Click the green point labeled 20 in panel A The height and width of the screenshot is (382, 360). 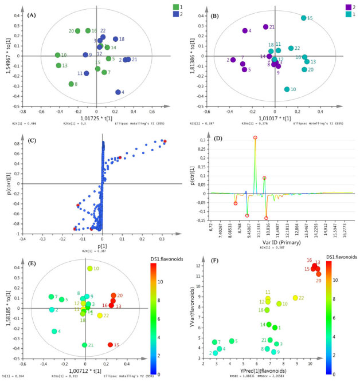click(78, 31)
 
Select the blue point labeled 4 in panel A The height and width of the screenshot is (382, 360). click(118, 92)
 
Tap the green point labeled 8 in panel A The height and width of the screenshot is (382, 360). click(71, 84)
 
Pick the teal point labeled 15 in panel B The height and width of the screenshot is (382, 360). click(303, 18)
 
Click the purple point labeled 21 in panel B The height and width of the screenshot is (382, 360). click(265, 27)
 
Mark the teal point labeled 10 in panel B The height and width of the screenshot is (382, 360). click(287, 89)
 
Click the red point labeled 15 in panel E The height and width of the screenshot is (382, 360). click(110, 345)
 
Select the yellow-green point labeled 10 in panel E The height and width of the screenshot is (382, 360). click(89, 269)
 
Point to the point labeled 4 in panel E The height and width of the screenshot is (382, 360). click(54, 331)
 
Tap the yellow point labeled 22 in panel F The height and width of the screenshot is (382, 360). click(295, 298)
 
